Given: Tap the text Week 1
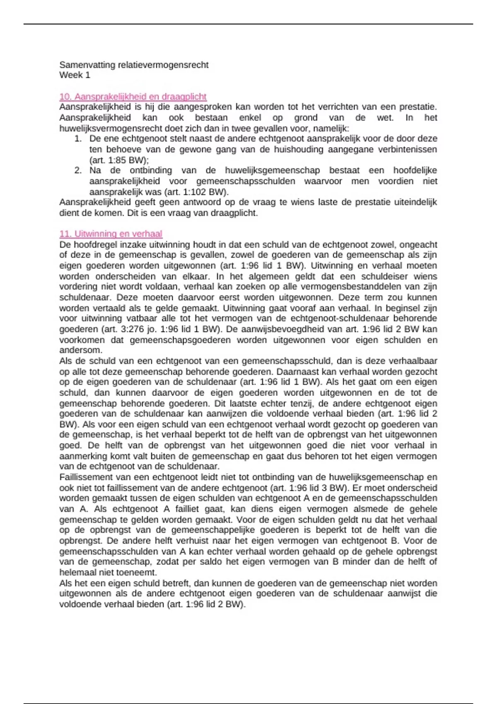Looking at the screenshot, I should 75,75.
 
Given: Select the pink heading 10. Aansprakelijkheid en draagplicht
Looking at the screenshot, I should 133,96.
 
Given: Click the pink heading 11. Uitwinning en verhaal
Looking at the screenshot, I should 111,234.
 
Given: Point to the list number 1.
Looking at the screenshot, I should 78,139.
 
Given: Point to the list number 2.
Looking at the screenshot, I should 78,171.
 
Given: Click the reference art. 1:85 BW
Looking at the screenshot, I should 118,160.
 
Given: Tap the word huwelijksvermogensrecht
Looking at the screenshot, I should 112,128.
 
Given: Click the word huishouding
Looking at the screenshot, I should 298,149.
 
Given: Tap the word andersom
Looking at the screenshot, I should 80,350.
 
